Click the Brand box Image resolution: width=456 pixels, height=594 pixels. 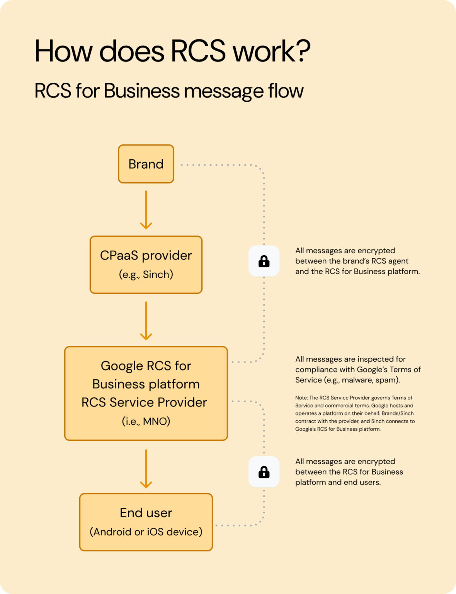[146, 164]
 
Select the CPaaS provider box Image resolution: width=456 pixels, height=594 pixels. [146, 265]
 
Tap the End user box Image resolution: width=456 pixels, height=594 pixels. [146, 522]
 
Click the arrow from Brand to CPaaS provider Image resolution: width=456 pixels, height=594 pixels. [146, 210]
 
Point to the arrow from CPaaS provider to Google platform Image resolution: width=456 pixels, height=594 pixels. [146, 321]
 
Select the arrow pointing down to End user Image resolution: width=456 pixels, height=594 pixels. [146, 468]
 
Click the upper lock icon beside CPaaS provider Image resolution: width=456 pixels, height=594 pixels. [264, 261]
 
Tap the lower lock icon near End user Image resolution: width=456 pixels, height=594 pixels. [264, 472]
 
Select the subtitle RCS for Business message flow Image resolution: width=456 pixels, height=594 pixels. [169, 91]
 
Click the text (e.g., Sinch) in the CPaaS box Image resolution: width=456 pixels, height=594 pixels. [146, 275]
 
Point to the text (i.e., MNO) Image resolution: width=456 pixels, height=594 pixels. [146, 421]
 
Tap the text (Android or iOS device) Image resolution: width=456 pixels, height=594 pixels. [146, 532]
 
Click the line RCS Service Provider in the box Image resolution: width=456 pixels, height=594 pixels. [144, 402]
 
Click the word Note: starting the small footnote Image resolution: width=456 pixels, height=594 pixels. [301, 398]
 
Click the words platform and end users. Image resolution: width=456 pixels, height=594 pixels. [338, 482]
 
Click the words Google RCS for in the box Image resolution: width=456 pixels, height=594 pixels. [146, 366]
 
